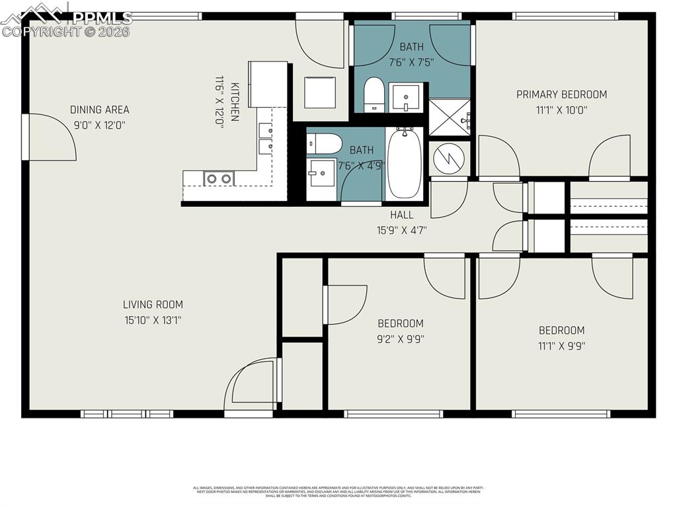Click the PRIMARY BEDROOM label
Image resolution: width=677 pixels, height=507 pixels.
click(561, 95)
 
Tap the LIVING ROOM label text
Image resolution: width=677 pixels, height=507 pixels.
click(153, 305)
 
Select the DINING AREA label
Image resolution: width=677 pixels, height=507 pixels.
click(100, 110)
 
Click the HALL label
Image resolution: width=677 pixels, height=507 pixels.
click(401, 215)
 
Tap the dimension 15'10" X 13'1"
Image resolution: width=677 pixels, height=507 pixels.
click(153, 320)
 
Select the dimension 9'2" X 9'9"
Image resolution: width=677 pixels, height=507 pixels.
click(401, 338)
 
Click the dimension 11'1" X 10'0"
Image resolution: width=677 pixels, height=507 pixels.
click(561, 110)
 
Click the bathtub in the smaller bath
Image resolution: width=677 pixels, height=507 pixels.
click(404, 163)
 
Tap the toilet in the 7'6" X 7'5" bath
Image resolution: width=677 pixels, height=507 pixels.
click(374, 94)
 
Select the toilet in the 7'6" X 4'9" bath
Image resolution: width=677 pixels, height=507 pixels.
click(324, 143)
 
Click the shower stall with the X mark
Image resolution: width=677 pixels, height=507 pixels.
click(449, 117)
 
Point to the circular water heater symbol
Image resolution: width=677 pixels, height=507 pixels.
click(449, 158)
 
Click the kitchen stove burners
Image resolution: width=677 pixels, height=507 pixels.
click(218, 178)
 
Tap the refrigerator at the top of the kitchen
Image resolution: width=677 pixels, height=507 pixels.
click(268, 83)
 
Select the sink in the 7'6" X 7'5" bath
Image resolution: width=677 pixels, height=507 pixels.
click(405, 97)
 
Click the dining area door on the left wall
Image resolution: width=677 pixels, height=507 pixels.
click(50, 137)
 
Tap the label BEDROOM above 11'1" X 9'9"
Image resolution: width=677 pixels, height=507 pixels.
click(561, 331)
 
